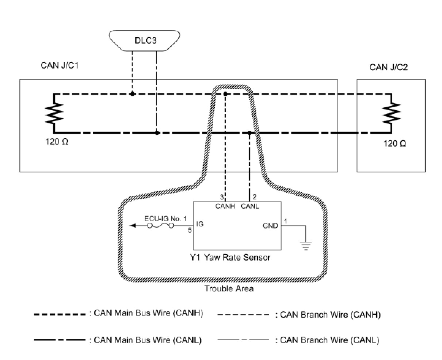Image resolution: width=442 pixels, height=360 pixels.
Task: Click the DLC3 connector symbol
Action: tap(145, 40)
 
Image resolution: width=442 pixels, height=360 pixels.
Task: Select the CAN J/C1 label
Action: tap(60, 66)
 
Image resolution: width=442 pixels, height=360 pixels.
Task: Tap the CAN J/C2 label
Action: tap(388, 67)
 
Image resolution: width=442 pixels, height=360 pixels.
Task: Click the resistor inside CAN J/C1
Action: tap(54, 113)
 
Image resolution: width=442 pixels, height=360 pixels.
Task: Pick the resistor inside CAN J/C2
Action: tap(391, 113)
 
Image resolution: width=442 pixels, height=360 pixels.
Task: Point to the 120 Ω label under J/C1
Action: tap(57, 142)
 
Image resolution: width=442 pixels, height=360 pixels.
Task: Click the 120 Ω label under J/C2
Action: tap(395, 143)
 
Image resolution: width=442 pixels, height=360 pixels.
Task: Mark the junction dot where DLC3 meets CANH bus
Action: tap(132, 94)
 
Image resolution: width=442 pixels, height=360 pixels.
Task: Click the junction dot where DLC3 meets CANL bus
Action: tap(157, 133)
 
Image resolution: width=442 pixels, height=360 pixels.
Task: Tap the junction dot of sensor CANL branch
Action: tap(249, 133)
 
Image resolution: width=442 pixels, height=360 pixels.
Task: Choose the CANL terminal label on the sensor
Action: tap(250, 206)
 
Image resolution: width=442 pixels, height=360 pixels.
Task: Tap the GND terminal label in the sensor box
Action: tap(270, 226)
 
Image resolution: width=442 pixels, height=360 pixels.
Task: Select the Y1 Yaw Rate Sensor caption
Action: tap(230, 257)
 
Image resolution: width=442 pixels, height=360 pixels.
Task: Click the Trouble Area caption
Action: tap(229, 289)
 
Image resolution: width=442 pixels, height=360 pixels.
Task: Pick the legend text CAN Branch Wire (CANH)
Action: tap(330, 315)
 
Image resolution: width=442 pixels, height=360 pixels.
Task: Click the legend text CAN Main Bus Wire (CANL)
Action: tap(148, 340)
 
